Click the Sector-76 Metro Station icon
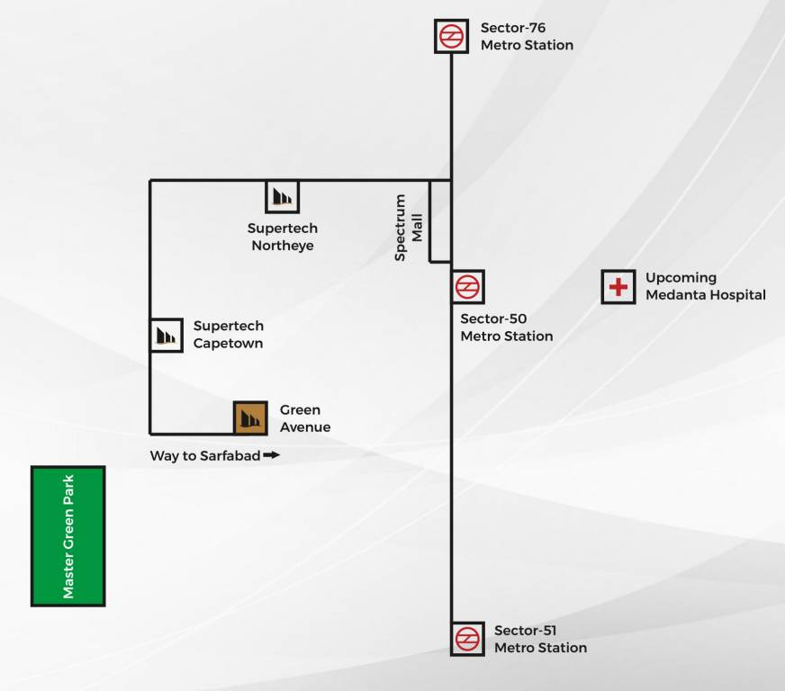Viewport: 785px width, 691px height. tap(451, 37)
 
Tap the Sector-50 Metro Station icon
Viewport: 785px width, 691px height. tap(468, 287)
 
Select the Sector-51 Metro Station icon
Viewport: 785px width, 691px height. tap(467, 639)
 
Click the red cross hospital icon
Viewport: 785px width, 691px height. tap(618, 287)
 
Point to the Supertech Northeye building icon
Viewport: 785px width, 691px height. tap(282, 196)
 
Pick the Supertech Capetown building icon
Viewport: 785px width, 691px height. tap(166, 335)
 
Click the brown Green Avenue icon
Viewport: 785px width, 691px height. tap(250, 417)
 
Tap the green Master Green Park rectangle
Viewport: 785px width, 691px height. tap(68, 536)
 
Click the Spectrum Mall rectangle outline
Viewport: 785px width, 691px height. tap(440, 221)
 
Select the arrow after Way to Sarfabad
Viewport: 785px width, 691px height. tap(272, 455)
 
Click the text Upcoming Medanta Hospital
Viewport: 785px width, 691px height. tap(705, 286)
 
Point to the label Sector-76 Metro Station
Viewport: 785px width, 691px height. tap(526, 37)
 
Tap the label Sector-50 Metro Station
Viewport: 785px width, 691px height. tap(506, 328)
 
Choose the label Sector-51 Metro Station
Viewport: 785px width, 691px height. tap(539, 639)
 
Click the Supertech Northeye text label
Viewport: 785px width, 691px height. tap(283, 238)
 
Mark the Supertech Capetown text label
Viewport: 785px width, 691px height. tap(229, 335)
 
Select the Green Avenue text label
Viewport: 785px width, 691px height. tap(304, 418)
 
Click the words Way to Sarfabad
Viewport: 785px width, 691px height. tap(205, 456)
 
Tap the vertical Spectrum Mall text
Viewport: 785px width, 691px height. tap(408, 228)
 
